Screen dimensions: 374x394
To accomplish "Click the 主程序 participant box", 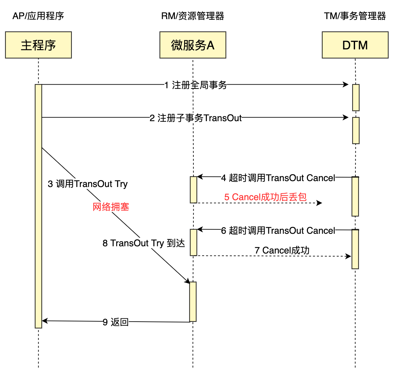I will coord(38,45).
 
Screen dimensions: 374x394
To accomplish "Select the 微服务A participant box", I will coord(193,45).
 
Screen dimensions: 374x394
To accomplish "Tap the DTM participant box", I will coord(355,45).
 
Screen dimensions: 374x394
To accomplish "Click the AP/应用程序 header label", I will coord(38,16).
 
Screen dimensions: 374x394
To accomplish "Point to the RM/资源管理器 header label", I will coord(193,16).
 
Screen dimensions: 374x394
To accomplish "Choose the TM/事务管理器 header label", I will coord(355,16).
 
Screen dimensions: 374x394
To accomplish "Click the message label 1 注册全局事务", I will coord(196,85).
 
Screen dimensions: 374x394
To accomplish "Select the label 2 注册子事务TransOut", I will coord(196,118).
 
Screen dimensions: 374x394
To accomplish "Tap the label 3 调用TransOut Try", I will coord(87,184).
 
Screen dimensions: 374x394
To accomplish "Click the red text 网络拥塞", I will coord(111,207).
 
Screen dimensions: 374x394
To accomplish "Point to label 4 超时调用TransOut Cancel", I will coord(278,178).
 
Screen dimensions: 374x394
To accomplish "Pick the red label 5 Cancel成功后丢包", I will coord(265,197).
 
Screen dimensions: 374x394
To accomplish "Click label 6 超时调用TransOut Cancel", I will coord(278,230).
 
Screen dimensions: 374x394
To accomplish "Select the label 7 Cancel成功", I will coord(282,250).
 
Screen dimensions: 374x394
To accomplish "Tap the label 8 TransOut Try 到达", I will coord(144,243).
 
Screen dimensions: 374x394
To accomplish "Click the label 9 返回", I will coord(115,322).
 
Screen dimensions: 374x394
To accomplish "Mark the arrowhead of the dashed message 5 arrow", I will coord(319,203).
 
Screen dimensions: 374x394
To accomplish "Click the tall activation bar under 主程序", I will coord(38,206).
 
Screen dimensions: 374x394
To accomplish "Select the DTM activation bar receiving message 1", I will coord(356,97).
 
